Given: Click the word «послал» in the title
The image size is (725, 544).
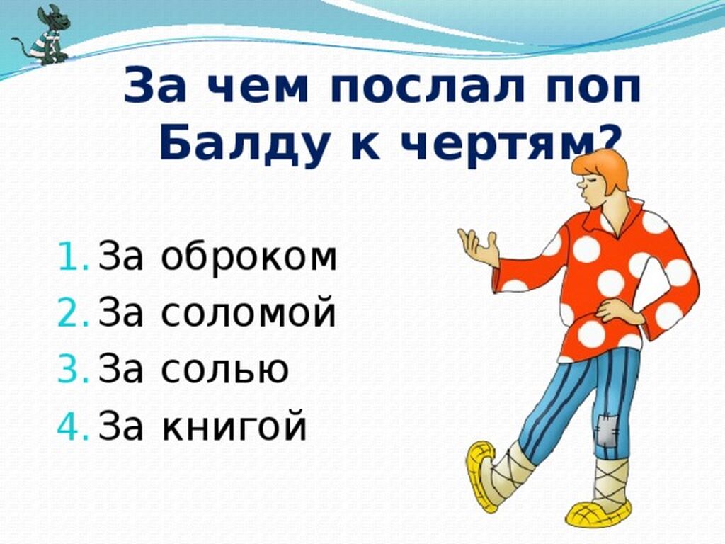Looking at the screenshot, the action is tap(427, 86).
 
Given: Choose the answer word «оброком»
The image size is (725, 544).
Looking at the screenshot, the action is tap(249, 256).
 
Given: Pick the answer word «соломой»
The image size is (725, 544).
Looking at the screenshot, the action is tap(249, 311).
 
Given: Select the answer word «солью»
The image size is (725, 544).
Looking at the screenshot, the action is tap(224, 368).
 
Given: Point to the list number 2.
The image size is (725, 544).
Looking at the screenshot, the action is tap(73, 312).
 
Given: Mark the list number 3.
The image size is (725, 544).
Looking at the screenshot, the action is tap(73, 368).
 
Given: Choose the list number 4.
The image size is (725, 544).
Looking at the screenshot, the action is tap(73, 425).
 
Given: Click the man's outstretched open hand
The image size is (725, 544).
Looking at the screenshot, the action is tap(479, 247).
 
